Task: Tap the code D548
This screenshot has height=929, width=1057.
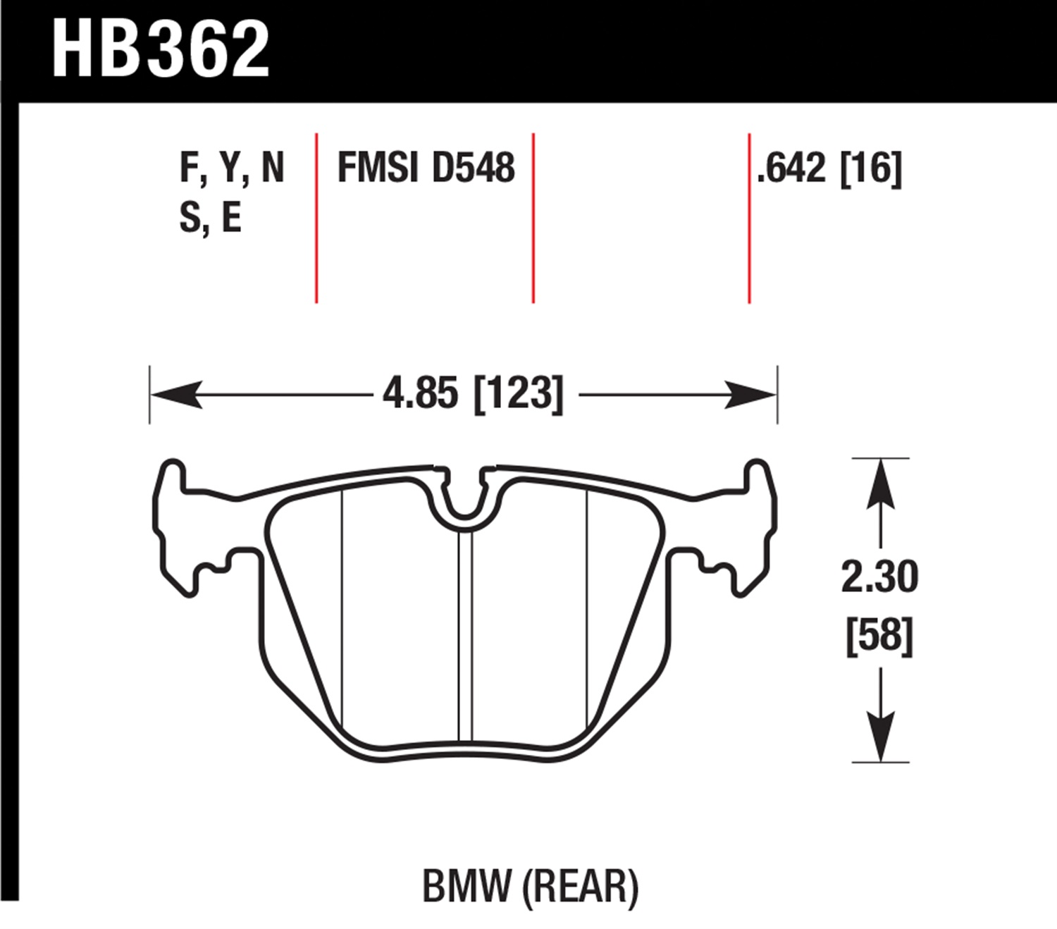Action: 474,168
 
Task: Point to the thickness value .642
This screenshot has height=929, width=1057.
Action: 791,168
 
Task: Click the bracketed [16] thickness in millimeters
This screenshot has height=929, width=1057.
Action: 871,168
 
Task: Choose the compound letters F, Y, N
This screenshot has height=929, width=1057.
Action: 232,168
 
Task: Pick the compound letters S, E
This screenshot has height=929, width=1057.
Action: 211,218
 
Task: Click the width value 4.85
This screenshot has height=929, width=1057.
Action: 420,394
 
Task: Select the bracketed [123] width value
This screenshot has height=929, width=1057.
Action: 518,395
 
